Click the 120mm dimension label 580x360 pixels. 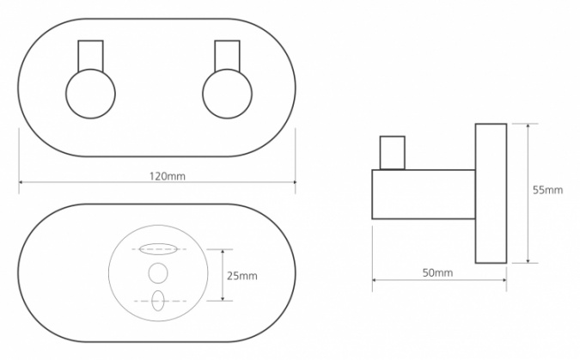point(168,176)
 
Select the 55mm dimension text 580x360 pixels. point(548,190)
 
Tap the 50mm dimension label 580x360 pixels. point(437,273)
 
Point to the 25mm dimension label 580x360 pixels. point(242,276)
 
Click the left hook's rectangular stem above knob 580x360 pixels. point(90,56)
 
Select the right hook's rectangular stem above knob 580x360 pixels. point(228,56)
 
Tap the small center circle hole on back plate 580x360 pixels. point(158,273)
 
